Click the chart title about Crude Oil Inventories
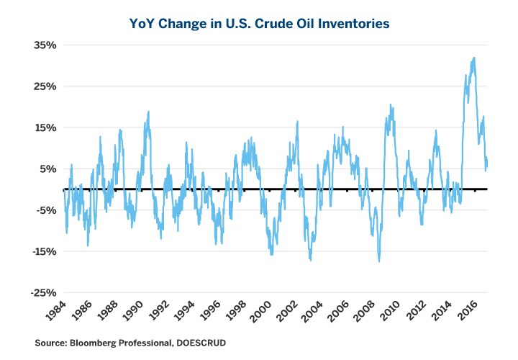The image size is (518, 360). click(259, 24)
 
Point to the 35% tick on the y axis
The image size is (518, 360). click(42, 45)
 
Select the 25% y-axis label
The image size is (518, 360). click(42, 86)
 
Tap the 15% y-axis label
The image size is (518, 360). click(42, 127)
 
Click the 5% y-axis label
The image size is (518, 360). click(45, 169)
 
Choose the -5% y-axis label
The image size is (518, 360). click(44, 210)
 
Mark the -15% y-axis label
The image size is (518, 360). click(41, 252)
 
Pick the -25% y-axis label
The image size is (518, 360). click(41, 293)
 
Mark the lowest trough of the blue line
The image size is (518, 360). click(378, 261)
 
